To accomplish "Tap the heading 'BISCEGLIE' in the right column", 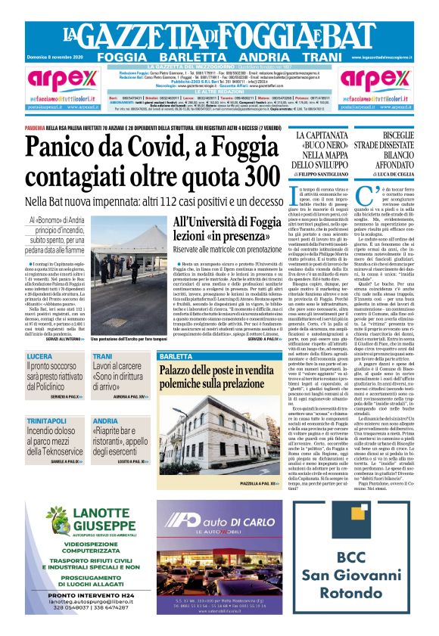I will [394, 135].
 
